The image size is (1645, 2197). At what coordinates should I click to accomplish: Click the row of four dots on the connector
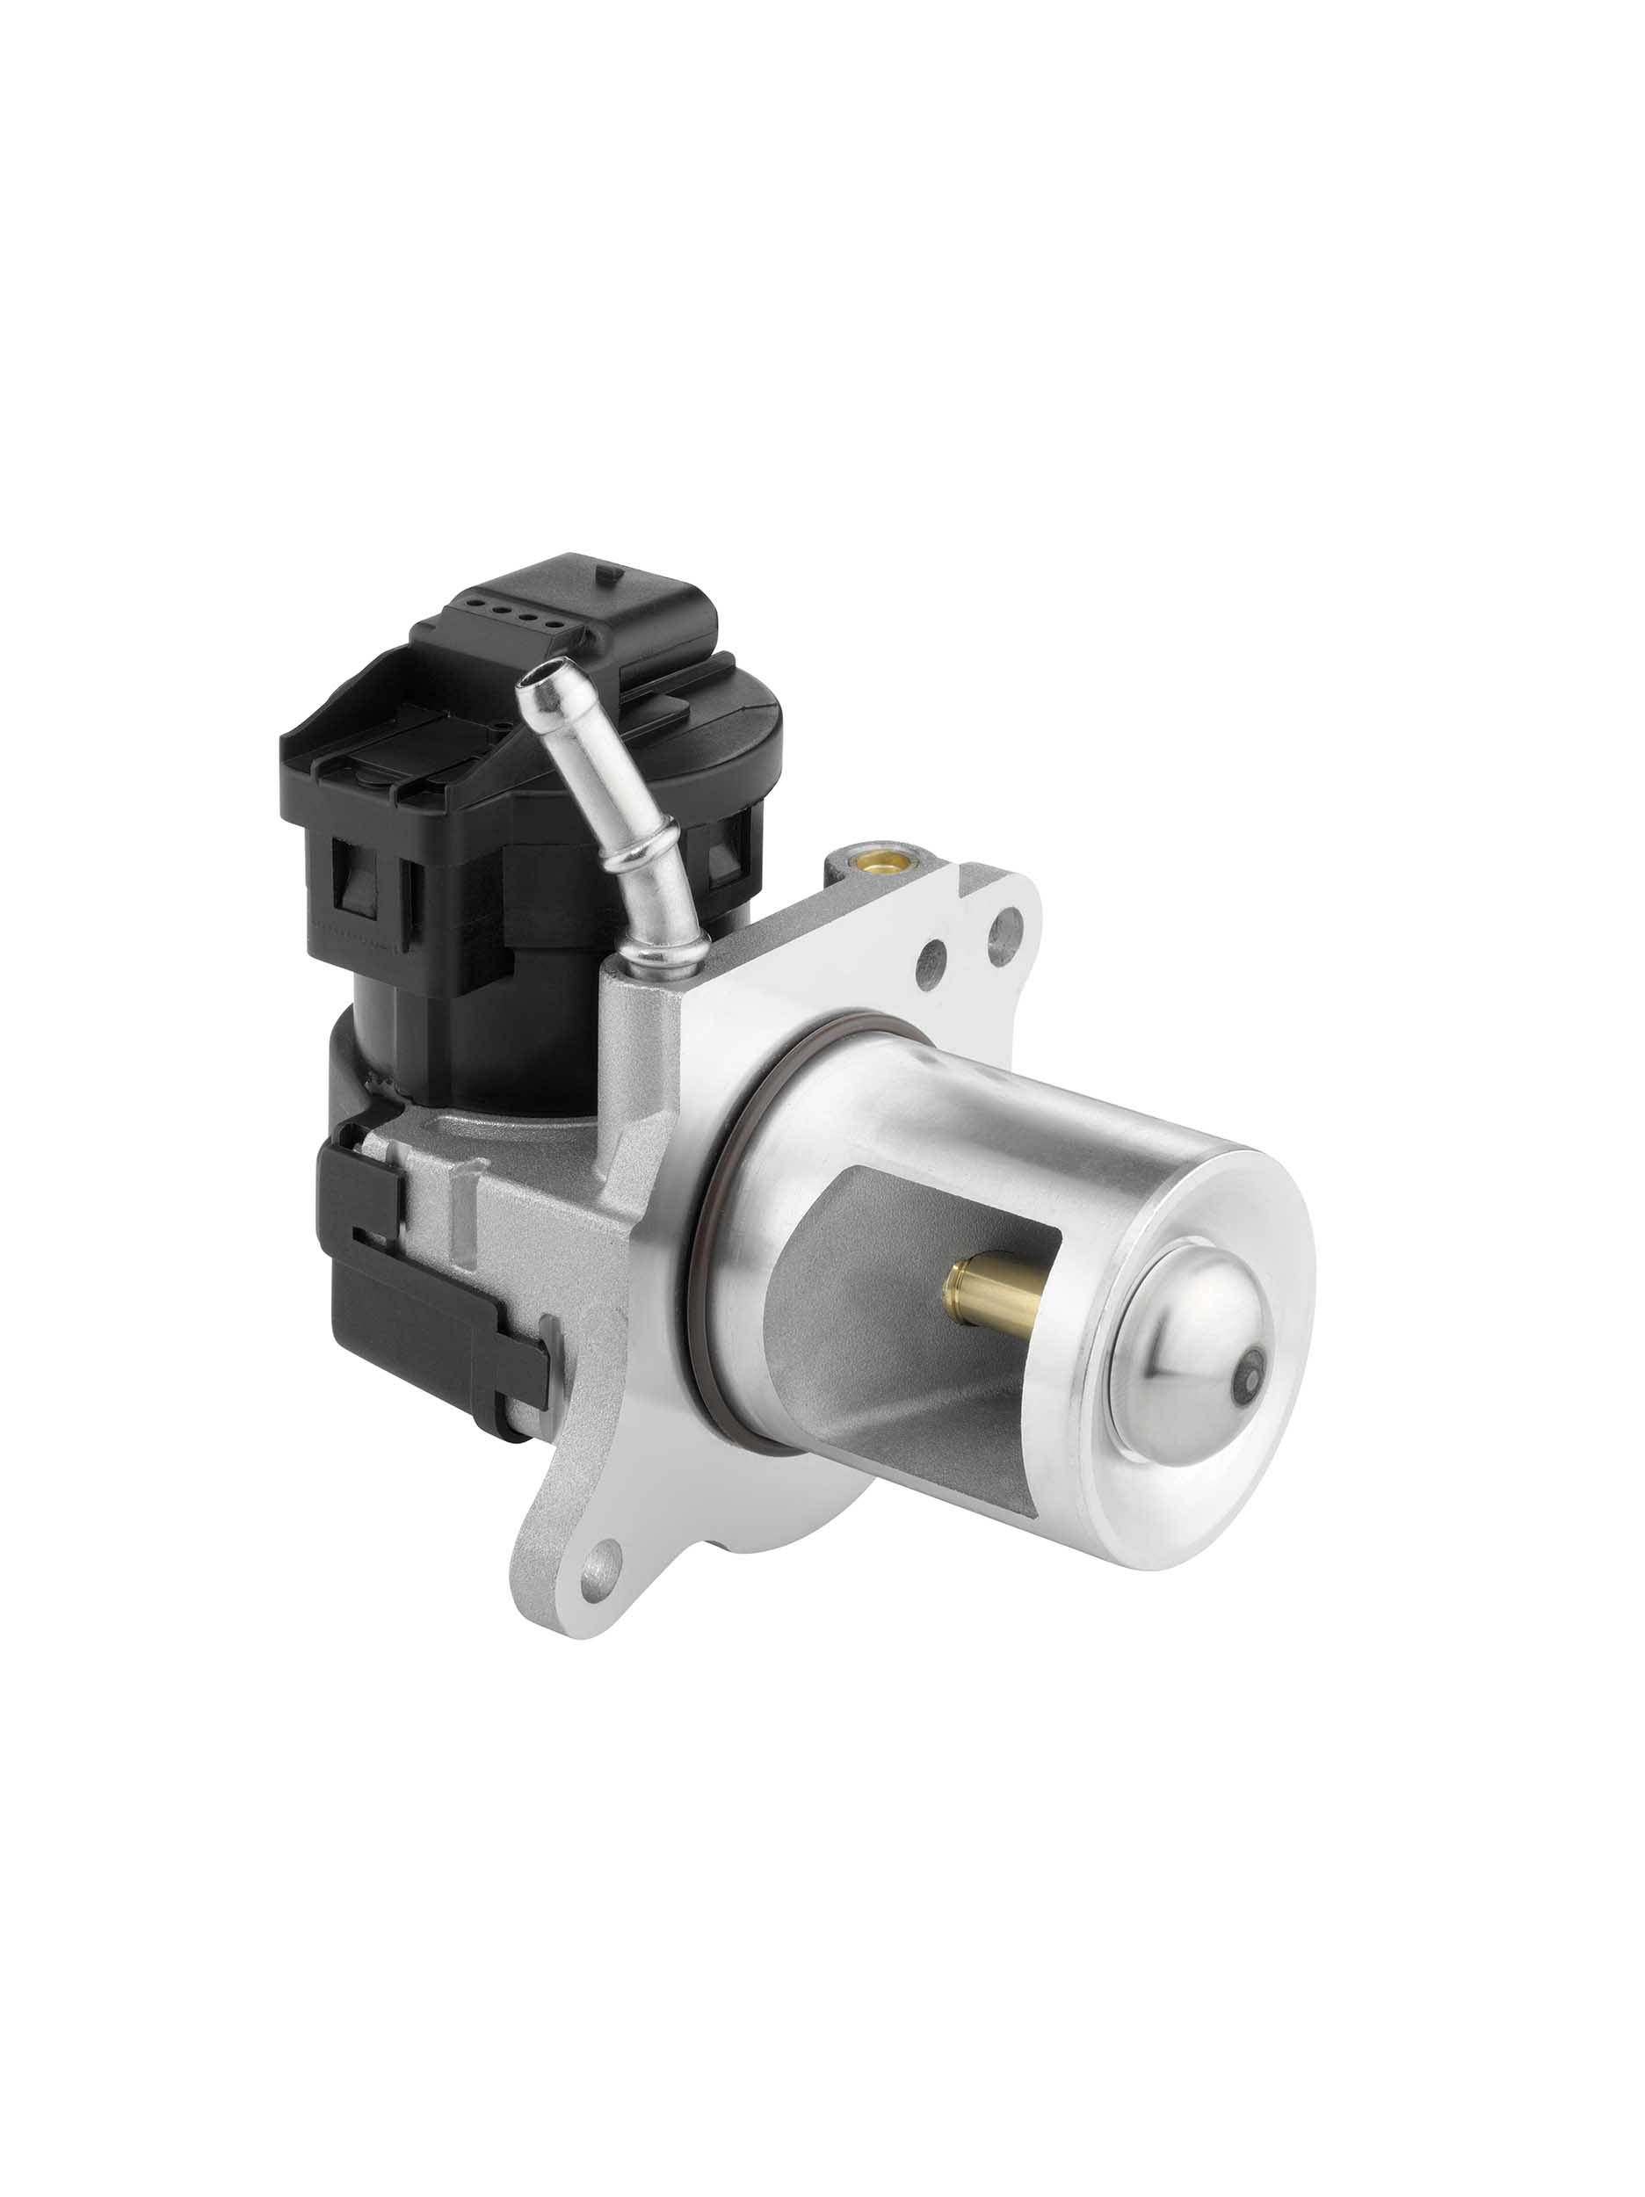pos(517,612)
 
